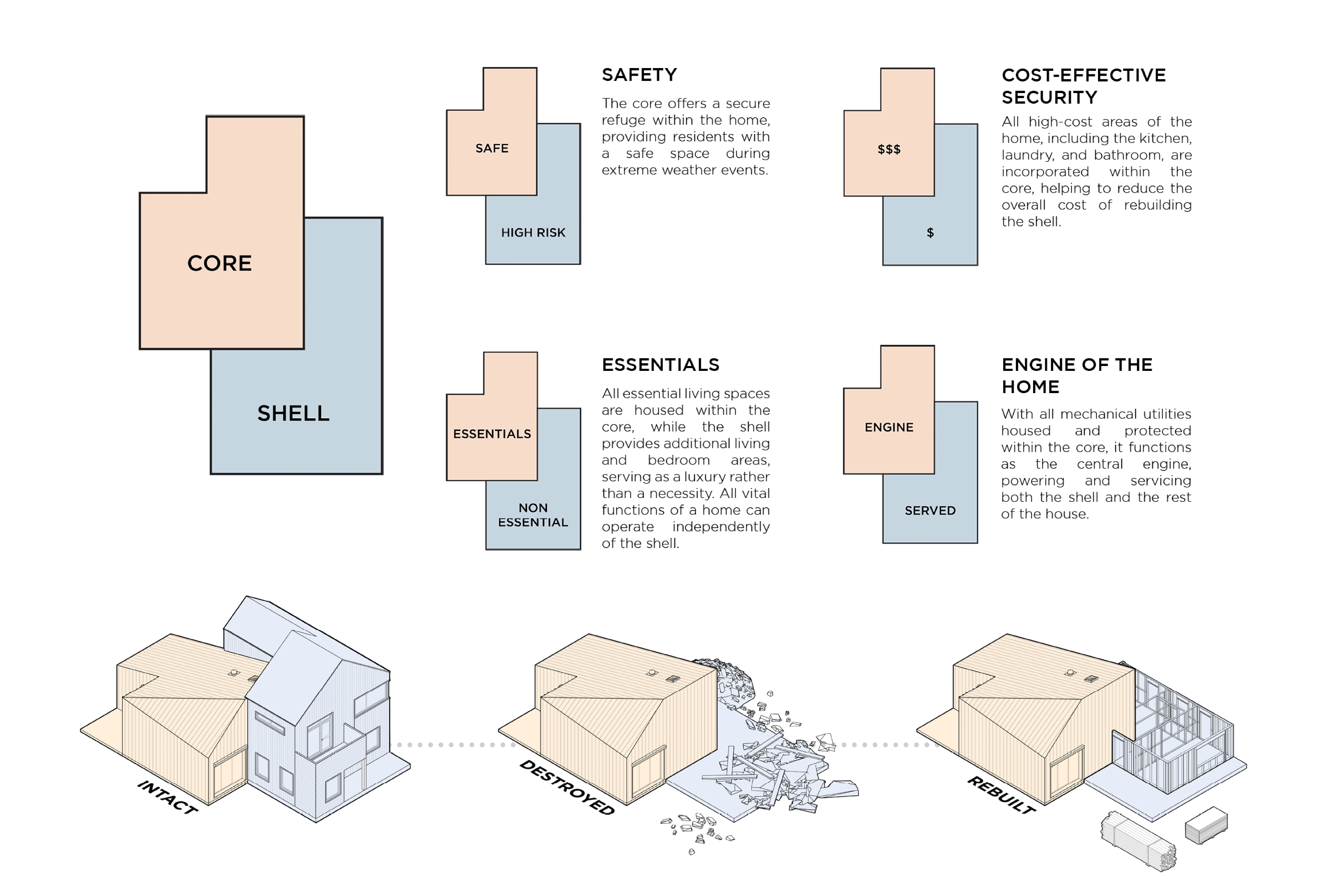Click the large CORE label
[219, 263]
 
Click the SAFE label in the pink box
[492, 149]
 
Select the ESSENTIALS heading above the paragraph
[660, 365]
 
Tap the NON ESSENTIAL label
[533, 515]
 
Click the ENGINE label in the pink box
[889, 427]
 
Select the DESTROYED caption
[567, 788]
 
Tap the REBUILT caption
[1001, 795]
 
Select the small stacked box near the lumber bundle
[1206, 825]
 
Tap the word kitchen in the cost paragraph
[1167, 138]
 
